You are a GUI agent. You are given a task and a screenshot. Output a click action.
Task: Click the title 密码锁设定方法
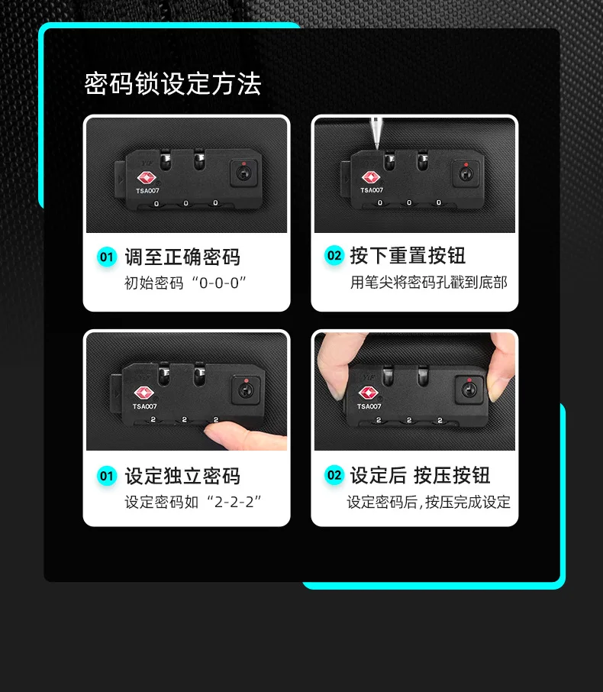pyautogui.click(x=173, y=83)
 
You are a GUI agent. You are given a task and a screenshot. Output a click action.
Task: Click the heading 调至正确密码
pyautogui.click(x=182, y=257)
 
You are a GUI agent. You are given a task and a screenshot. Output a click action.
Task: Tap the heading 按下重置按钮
pyautogui.click(x=408, y=256)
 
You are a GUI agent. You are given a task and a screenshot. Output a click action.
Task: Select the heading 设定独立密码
pyautogui.click(x=182, y=476)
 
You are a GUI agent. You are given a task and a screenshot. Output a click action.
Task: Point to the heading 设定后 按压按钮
pyautogui.click(x=420, y=475)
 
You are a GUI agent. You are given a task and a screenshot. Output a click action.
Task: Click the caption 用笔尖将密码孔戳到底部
pyautogui.click(x=429, y=283)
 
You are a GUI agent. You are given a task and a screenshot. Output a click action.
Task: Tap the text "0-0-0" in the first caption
pyautogui.click(x=219, y=283)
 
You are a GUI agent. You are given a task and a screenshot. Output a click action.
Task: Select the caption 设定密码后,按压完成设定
pyautogui.click(x=429, y=503)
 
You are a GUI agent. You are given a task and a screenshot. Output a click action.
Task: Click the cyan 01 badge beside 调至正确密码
pyautogui.click(x=107, y=257)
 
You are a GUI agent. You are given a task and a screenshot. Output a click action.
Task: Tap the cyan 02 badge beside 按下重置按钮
pyautogui.click(x=334, y=256)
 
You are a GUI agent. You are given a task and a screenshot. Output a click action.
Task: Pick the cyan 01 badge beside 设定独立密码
pyautogui.click(x=107, y=476)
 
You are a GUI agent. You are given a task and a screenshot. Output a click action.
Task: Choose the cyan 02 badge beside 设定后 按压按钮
pyautogui.click(x=334, y=475)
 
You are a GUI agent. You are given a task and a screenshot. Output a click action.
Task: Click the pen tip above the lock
pyautogui.click(x=377, y=147)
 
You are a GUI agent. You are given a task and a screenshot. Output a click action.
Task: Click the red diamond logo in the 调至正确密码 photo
pyautogui.click(x=147, y=178)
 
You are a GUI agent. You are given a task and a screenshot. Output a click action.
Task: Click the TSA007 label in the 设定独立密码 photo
pyautogui.click(x=145, y=406)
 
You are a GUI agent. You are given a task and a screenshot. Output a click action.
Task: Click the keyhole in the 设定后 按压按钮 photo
pyautogui.click(x=469, y=390)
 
